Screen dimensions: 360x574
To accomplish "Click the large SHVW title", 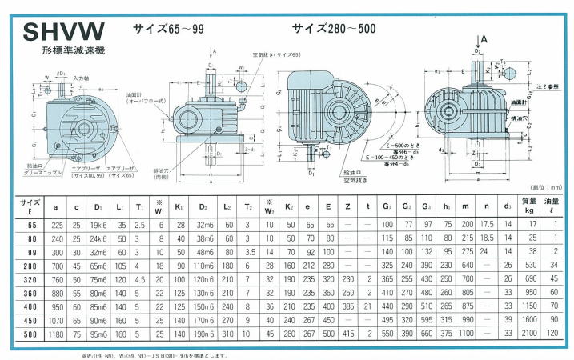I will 63,32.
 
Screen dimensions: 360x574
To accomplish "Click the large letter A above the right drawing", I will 484,38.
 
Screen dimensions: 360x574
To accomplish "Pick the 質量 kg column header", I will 528,206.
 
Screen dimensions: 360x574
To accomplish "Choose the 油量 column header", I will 552,206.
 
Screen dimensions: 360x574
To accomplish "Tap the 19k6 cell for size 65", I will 98,226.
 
